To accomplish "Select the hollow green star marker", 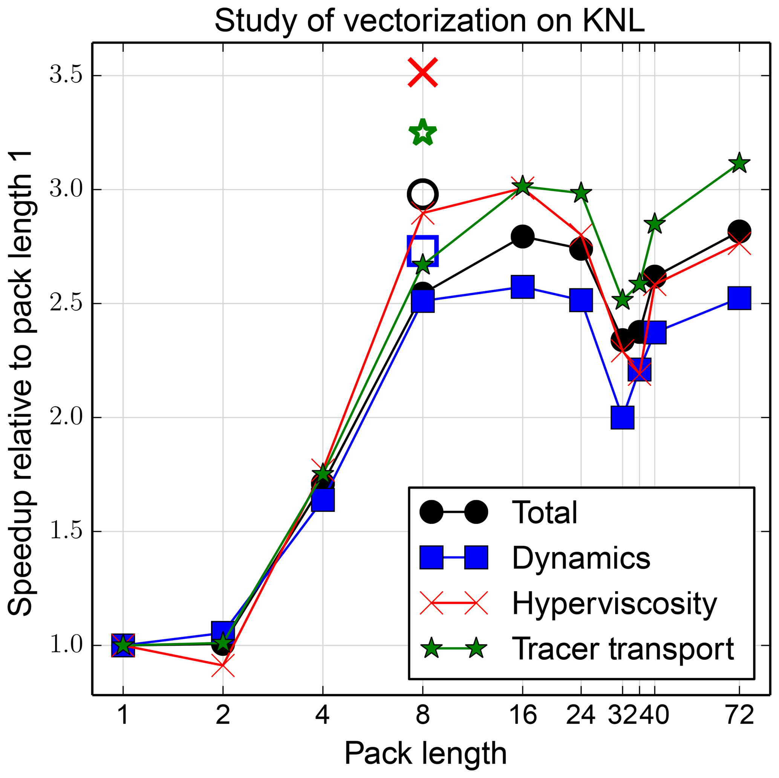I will tap(422, 132).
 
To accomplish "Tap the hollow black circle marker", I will tap(422, 194).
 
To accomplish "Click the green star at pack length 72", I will tap(739, 163).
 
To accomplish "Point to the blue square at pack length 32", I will tap(622, 417).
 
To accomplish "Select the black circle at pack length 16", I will tap(523, 236).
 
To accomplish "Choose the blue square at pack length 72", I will tap(739, 298).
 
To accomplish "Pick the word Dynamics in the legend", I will tap(581, 558).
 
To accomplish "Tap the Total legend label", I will tap(544, 513).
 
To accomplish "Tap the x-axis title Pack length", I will tap(425, 753).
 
